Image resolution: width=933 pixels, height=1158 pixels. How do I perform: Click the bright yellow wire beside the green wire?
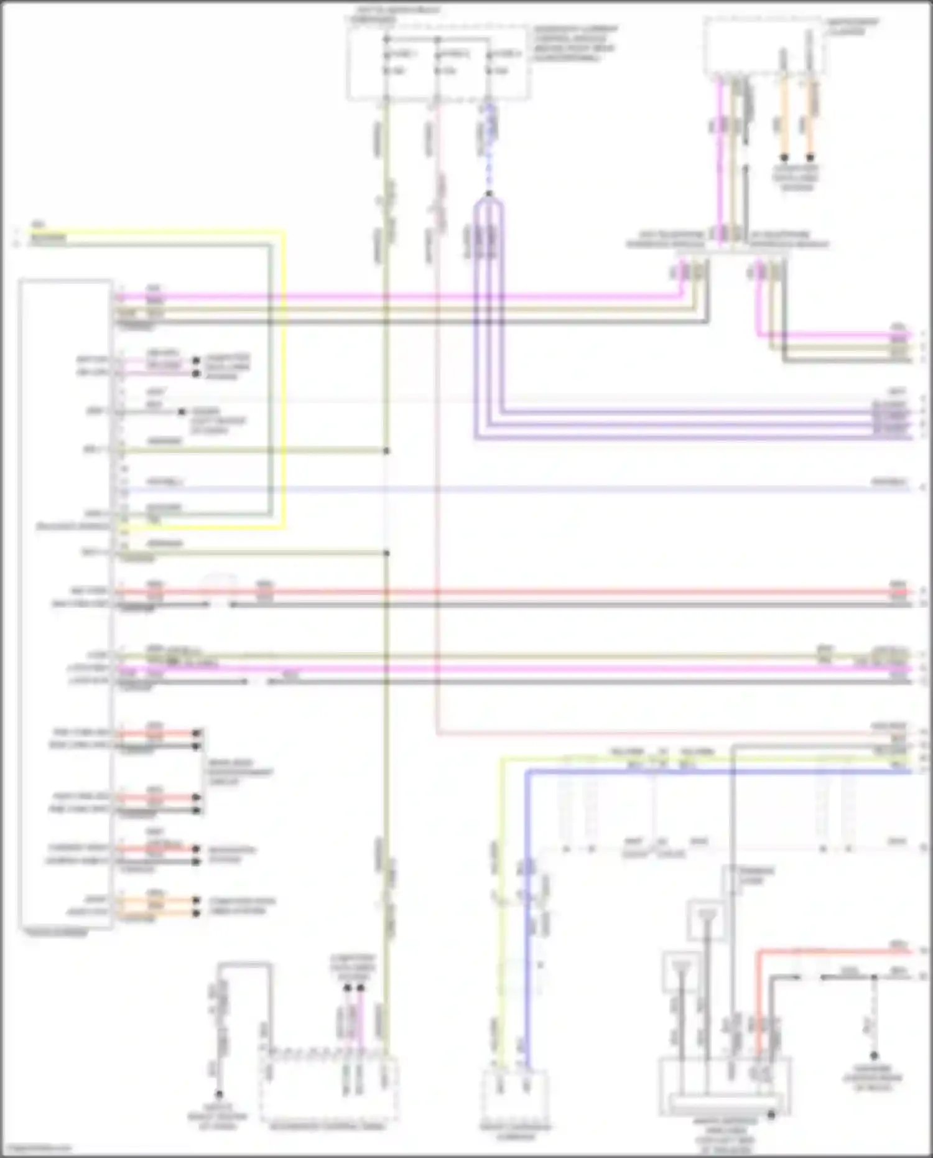coord(284,373)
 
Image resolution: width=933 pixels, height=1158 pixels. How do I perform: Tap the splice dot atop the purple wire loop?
coord(489,194)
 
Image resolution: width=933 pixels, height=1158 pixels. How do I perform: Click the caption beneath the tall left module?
coord(56,933)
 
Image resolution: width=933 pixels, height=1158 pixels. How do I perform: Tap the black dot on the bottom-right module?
coord(771,1115)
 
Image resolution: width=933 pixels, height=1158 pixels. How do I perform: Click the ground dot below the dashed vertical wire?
coord(873,1056)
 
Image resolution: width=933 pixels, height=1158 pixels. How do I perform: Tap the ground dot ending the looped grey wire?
coord(219,1094)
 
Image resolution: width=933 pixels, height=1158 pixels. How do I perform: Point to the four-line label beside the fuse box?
coord(573,44)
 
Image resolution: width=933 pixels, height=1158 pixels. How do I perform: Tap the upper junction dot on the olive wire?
coord(386,451)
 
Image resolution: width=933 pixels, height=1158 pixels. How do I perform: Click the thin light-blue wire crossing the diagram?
coord(498,489)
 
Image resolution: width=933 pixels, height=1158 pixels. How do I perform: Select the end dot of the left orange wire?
coord(784,157)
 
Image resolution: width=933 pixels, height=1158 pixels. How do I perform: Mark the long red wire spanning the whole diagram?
coord(498,592)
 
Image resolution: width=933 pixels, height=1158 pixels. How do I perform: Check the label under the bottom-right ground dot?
coord(873,1078)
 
